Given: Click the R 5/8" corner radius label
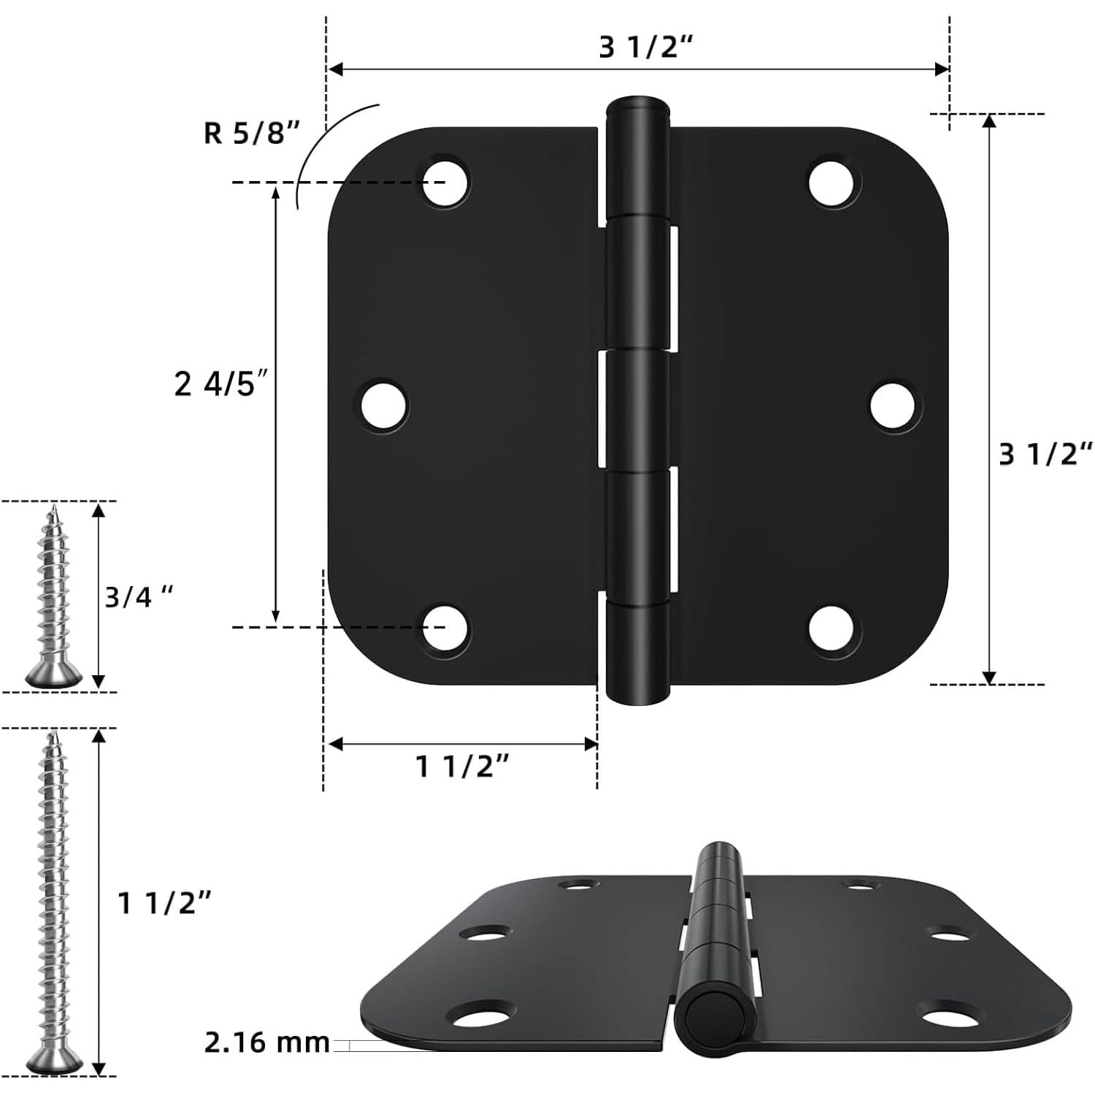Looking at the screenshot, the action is tap(251, 133).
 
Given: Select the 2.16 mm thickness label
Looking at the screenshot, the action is tap(266, 1042).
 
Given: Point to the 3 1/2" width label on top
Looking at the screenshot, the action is tap(645, 47).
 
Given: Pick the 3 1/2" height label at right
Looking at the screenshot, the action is tap(1046, 454).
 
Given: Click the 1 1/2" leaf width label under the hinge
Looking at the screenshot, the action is tap(462, 766).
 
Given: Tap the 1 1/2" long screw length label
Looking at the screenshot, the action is tap(165, 904).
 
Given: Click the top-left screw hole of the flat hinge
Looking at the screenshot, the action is tap(446, 180).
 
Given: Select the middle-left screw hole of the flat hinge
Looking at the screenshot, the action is tap(385, 405).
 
